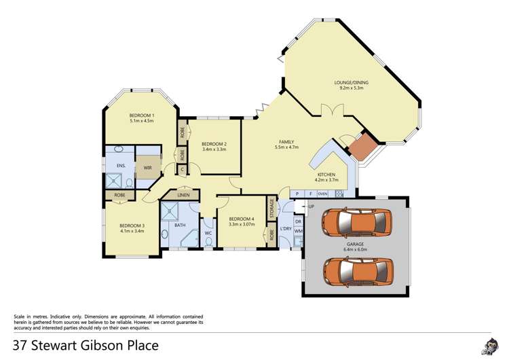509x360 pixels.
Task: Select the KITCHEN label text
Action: click(327, 175)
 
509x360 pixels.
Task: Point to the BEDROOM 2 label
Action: click(214, 143)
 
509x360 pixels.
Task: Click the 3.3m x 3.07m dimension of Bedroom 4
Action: click(242, 224)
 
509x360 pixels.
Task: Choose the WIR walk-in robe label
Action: click(147, 166)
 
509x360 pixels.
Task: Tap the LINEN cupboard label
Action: click(183, 196)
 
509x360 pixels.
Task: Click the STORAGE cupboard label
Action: click(272, 209)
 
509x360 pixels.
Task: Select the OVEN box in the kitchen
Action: click(323, 194)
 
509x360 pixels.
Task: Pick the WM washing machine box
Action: click(298, 232)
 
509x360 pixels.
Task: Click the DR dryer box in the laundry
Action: click(298, 221)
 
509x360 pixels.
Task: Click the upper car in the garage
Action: click(356, 223)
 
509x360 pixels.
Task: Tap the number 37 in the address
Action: click(20, 345)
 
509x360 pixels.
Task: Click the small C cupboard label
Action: click(182, 170)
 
